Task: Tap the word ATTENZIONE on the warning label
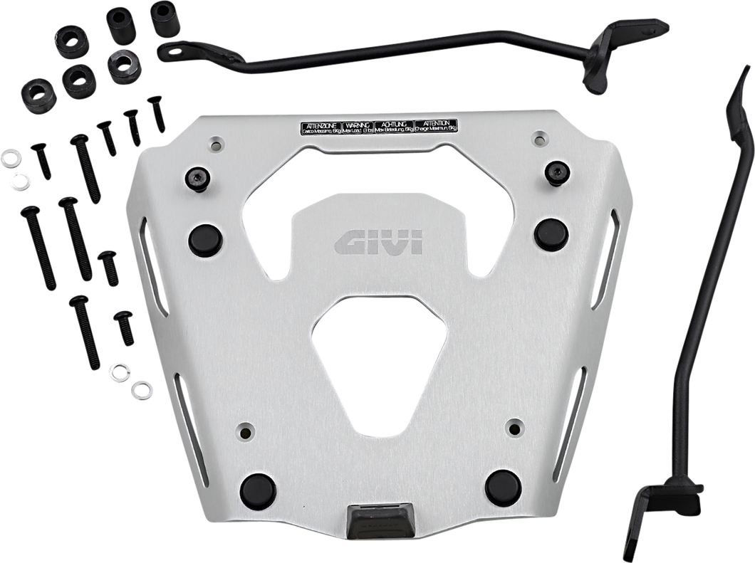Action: tap(319, 124)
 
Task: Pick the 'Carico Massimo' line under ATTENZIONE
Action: tap(319, 131)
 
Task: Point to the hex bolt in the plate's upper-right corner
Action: tap(557, 172)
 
